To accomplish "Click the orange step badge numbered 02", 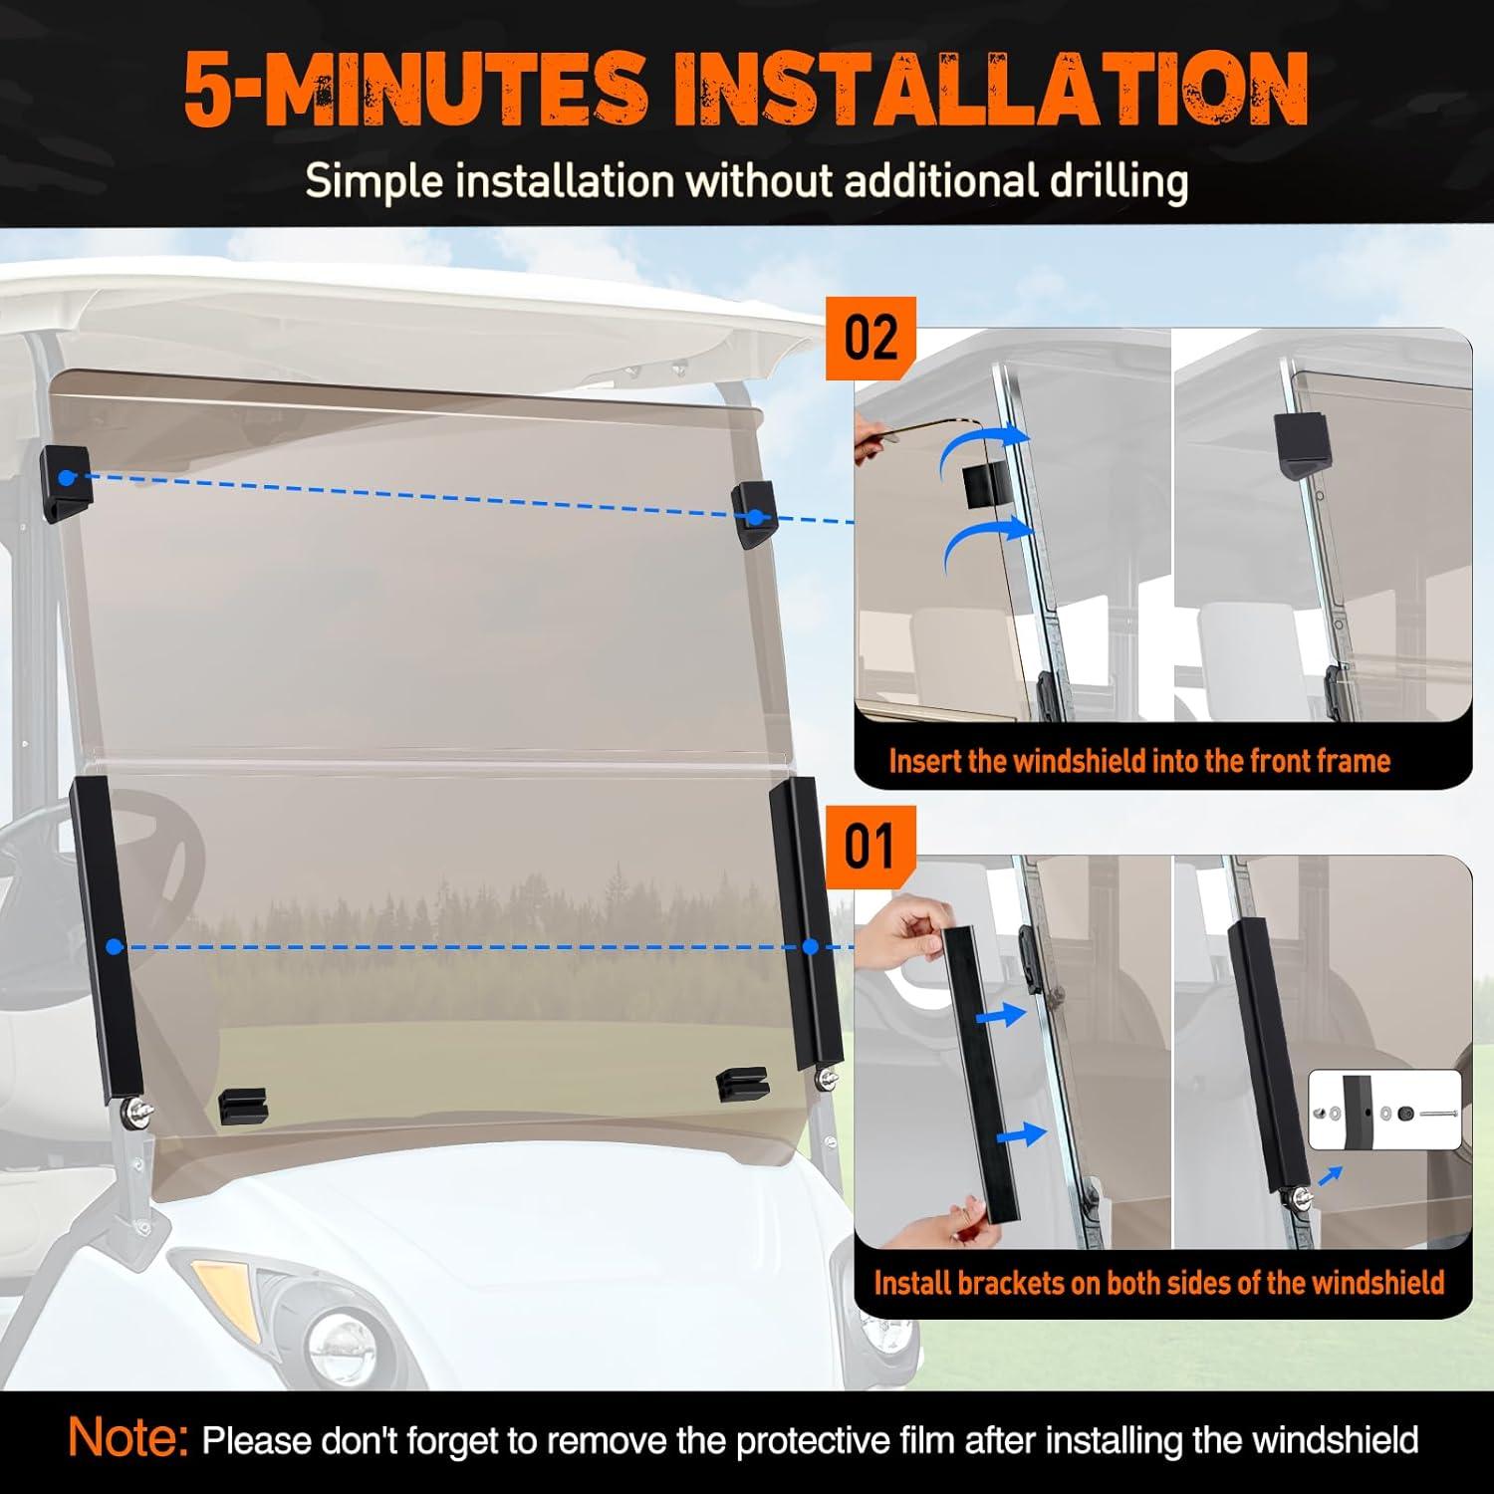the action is coord(871,339).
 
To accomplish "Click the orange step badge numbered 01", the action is coord(871,847).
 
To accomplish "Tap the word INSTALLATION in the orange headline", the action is coord(991,90).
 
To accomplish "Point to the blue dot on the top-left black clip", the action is coord(66,478).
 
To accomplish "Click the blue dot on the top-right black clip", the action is coord(756,517).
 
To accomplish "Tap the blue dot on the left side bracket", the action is coord(115,946).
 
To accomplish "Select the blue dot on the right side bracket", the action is coord(809,946).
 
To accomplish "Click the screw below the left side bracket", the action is coord(134,1111).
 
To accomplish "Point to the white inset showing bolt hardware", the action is coord(1383,1111).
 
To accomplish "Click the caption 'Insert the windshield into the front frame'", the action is coord(1139,761).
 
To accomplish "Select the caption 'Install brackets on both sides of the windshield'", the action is coord(1159,1282).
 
